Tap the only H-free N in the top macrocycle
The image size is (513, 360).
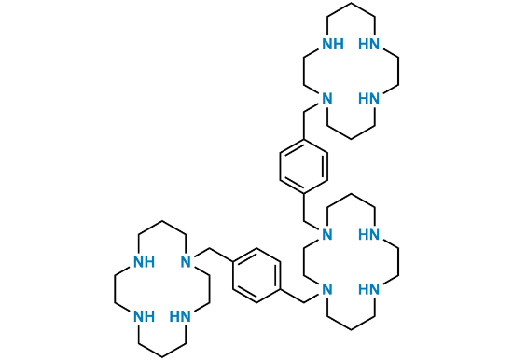coord(326,98)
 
